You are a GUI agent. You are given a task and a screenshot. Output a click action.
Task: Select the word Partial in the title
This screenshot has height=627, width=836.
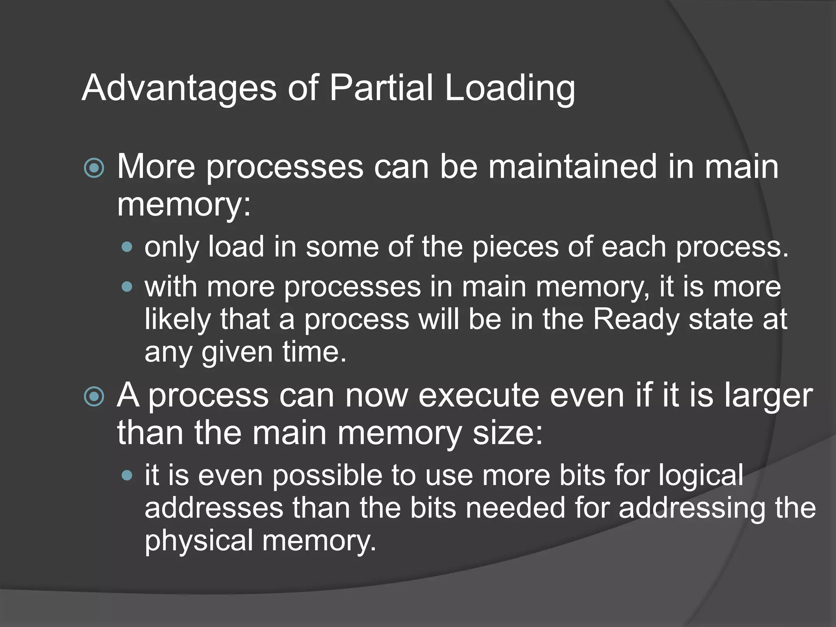click(x=381, y=88)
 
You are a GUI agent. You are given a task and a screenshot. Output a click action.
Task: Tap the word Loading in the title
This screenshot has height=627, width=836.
click(x=510, y=88)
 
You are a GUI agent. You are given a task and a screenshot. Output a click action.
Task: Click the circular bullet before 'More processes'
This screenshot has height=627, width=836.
click(x=94, y=168)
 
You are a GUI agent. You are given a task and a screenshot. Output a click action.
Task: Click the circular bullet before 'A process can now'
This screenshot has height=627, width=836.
click(x=94, y=396)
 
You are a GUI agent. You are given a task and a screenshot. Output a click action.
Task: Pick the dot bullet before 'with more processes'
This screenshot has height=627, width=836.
click(x=127, y=287)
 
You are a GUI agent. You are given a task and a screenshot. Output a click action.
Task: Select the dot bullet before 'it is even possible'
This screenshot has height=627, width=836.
click(x=127, y=475)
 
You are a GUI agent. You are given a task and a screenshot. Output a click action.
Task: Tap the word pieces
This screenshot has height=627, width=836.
click(x=515, y=247)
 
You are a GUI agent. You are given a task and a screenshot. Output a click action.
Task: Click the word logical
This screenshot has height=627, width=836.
click(x=701, y=476)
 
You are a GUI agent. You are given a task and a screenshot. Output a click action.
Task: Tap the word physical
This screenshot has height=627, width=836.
click(x=199, y=540)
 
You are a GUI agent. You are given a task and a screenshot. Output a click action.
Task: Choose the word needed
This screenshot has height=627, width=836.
click(x=516, y=508)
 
